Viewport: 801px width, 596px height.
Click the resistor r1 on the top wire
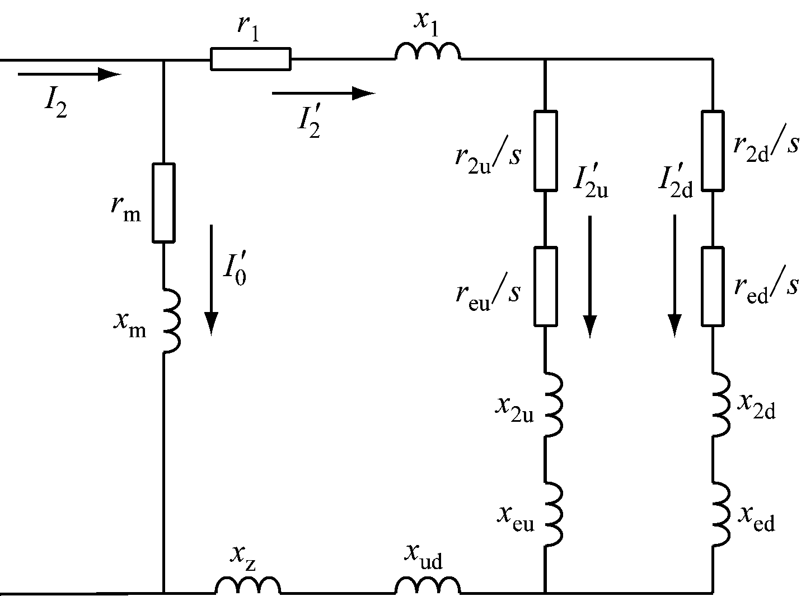click(250, 59)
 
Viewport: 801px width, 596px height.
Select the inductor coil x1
click(428, 51)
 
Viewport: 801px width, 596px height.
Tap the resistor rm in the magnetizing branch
click(164, 203)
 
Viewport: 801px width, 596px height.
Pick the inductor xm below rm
click(171, 320)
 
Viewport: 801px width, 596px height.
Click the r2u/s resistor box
click(545, 151)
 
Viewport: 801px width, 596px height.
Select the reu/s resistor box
click(545, 286)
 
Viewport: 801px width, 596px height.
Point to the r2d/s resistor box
click(713, 151)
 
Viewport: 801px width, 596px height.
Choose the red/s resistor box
click(713, 286)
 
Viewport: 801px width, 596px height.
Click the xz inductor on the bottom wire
click(247, 585)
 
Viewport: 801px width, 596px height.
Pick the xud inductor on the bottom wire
click(428, 585)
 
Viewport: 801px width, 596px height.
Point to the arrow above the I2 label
click(69, 74)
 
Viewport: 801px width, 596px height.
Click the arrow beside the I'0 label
click(211, 280)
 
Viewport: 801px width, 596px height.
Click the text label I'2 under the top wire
click(310, 120)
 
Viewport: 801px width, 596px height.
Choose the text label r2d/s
click(765, 146)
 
